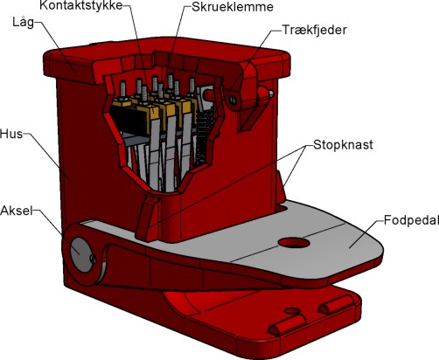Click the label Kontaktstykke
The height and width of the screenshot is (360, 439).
click(x=81, y=6)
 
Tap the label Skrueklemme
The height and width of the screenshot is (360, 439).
click(x=233, y=7)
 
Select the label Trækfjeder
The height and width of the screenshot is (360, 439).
click(x=315, y=30)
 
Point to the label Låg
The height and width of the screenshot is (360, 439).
click(x=23, y=23)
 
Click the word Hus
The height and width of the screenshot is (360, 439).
click(x=11, y=134)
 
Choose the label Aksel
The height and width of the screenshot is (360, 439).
click(x=17, y=211)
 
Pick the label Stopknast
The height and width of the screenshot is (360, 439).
click(x=343, y=145)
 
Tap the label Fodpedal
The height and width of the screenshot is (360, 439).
click(x=411, y=220)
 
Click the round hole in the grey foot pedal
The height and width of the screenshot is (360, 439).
click(x=294, y=243)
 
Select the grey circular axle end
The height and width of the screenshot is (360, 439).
click(x=80, y=254)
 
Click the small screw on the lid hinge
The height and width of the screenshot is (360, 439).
click(x=233, y=100)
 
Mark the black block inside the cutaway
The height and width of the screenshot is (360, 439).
click(x=129, y=120)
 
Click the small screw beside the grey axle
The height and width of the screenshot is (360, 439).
click(x=93, y=259)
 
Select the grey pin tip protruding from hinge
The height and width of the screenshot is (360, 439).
click(x=271, y=93)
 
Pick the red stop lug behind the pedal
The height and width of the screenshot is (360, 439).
click(x=280, y=188)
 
